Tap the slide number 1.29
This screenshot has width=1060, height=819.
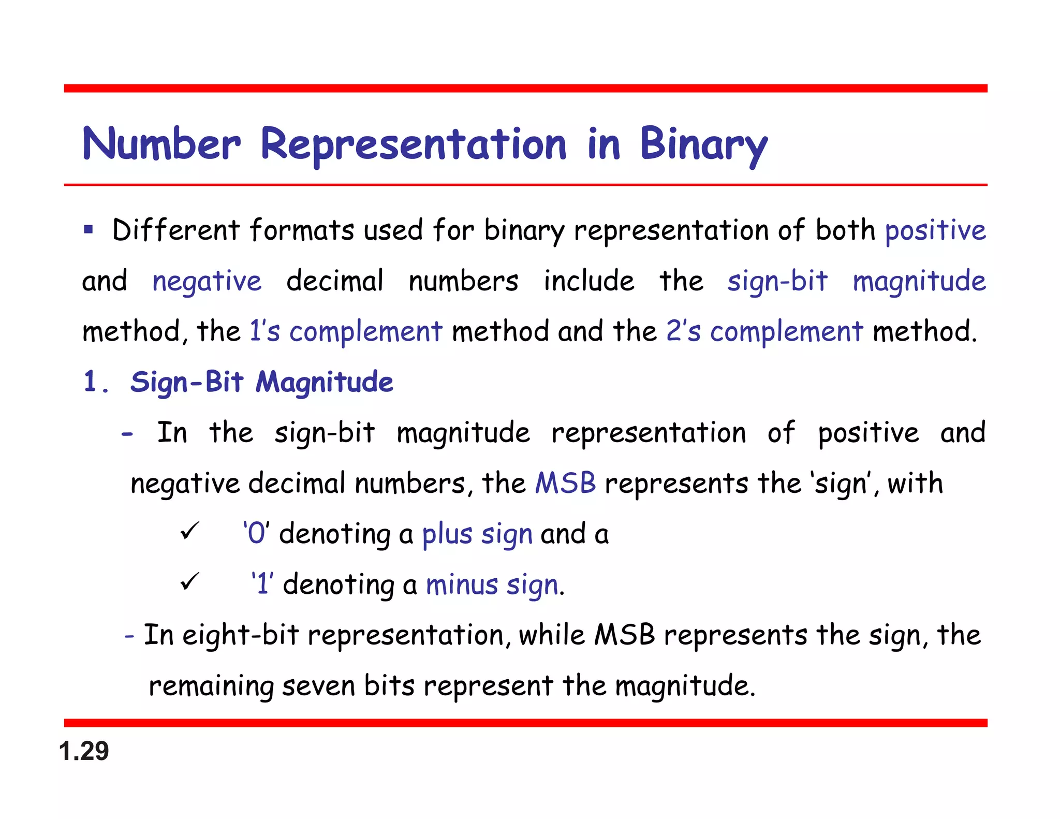[x=84, y=751]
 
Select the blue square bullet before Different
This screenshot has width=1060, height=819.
[x=89, y=229]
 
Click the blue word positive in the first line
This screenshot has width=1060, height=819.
[x=935, y=230]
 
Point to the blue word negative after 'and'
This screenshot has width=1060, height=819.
[x=207, y=282]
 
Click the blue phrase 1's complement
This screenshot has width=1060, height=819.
[x=346, y=331]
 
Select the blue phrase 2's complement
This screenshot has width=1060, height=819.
[x=764, y=331]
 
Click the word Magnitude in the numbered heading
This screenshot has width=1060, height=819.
[x=325, y=382]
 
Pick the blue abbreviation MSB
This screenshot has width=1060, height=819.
[x=565, y=483]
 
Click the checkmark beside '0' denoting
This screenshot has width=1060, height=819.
[x=189, y=531]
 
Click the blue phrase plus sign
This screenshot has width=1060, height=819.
[x=477, y=534]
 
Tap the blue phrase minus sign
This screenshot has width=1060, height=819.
[x=492, y=584]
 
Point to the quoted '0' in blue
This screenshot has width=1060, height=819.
[x=256, y=533]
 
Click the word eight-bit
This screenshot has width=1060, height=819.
[x=241, y=635]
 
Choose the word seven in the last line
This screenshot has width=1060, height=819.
[x=318, y=685]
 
